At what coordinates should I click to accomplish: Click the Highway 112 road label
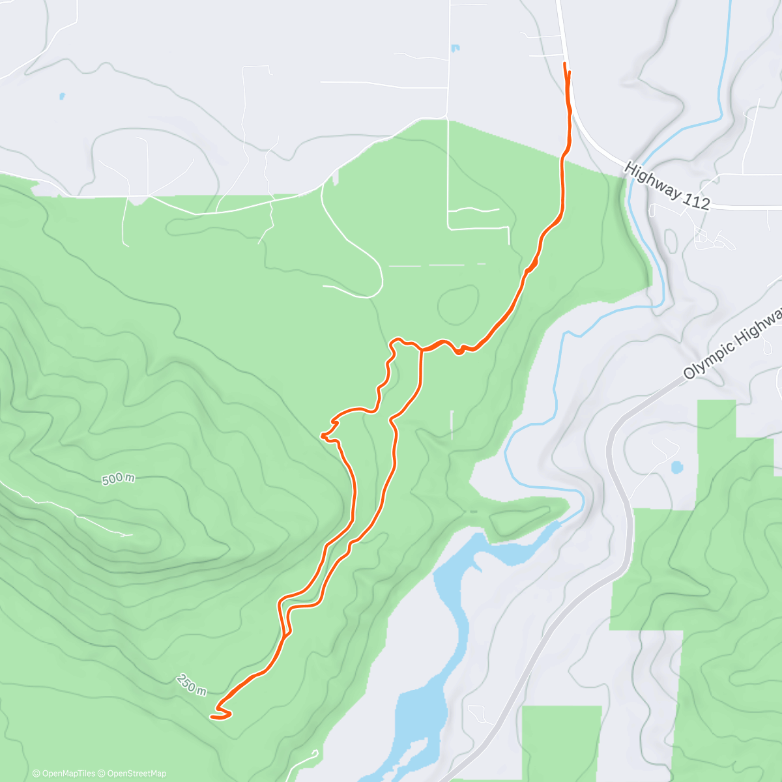pyautogui.click(x=667, y=186)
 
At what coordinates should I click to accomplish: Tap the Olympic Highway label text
pyautogui.click(x=732, y=345)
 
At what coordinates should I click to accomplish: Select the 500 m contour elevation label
pyautogui.click(x=119, y=479)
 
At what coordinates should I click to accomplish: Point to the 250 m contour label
pyautogui.click(x=192, y=684)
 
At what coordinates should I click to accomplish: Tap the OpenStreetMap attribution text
pyautogui.click(x=136, y=774)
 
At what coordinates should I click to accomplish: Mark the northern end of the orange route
pyautogui.click(x=564, y=63)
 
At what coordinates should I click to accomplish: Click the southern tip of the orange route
pyautogui.click(x=212, y=717)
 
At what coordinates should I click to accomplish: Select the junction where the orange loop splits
pyautogui.click(x=421, y=350)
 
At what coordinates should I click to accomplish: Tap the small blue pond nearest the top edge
pyautogui.click(x=455, y=48)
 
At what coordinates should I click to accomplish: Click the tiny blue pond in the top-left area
pyautogui.click(x=62, y=96)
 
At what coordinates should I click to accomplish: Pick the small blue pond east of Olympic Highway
pyautogui.click(x=676, y=467)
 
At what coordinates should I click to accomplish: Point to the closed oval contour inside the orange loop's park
pyautogui.click(x=457, y=304)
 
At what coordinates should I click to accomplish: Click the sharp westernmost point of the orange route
pyautogui.click(x=322, y=435)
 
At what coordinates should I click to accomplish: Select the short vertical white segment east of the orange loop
pyautogui.click(x=452, y=424)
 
